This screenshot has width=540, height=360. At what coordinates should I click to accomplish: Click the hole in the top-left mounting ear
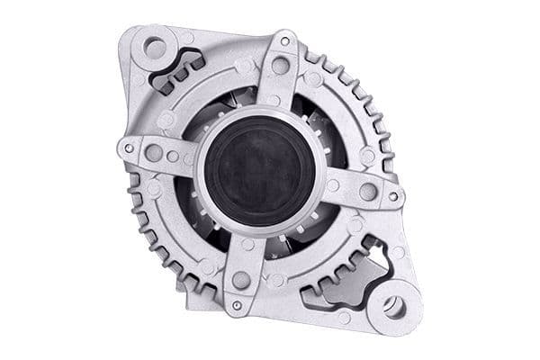[x=154, y=47]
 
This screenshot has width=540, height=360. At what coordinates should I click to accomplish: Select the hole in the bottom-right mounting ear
[x=393, y=306]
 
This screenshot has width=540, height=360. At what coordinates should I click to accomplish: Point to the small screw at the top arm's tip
[x=285, y=40]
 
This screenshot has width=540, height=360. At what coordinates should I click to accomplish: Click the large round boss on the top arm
[x=281, y=66]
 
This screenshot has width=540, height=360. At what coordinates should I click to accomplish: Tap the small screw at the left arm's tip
[x=129, y=148]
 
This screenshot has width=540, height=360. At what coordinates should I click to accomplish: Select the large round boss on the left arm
[x=154, y=153]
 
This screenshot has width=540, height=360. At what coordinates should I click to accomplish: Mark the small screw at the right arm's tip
[x=392, y=196]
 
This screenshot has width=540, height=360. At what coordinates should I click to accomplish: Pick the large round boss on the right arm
[x=367, y=191]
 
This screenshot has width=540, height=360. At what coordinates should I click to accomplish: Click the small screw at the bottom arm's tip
[x=236, y=305]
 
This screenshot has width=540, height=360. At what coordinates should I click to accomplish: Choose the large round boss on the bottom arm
[x=240, y=280]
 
